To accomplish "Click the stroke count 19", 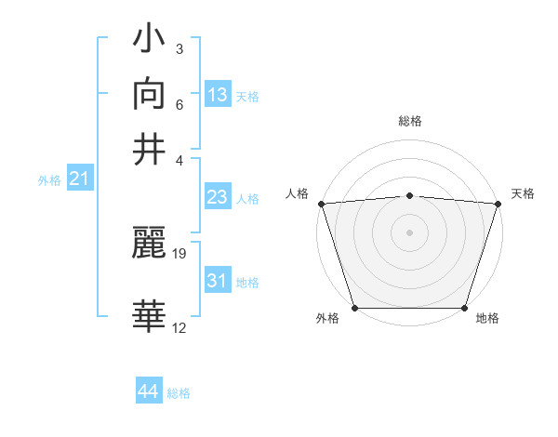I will click(179, 253).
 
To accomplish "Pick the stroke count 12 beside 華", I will click(179, 327).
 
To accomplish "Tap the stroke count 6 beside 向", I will click(179, 104).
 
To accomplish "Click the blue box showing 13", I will click(217, 95).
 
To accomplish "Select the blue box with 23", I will click(217, 197).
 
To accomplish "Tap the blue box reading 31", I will click(217, 281).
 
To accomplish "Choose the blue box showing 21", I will click(79, 179).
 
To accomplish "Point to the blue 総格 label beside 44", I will click(179, 393).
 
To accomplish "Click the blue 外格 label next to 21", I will click(49, 180).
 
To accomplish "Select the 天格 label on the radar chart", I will click(523, 193).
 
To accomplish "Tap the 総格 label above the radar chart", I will click(410, 121).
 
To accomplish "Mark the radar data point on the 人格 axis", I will click(321, 204).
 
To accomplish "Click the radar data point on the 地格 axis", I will click(465, 308).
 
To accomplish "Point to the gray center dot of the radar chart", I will click(410, 232).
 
